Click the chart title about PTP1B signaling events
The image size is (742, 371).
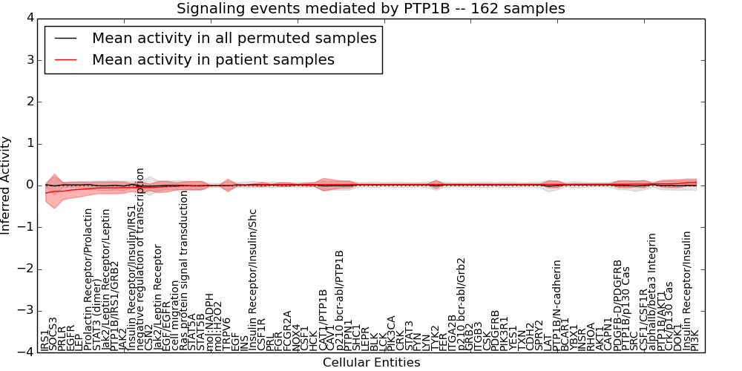point(370,8)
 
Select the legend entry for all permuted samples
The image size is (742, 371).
point(234,39)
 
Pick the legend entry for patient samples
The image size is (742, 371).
point(213,59)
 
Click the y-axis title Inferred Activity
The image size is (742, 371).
point(7,185)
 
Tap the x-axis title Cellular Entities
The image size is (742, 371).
point(371,363)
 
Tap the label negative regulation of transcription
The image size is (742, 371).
point(139,259)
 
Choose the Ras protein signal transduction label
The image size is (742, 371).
point(184,271)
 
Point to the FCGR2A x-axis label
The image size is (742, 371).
point(288,330)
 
